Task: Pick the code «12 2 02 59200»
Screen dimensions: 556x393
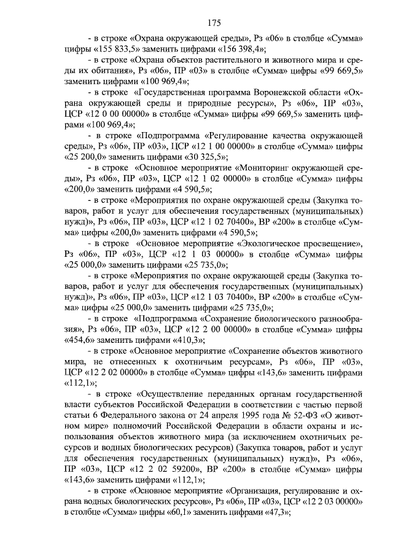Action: point(161,470)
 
